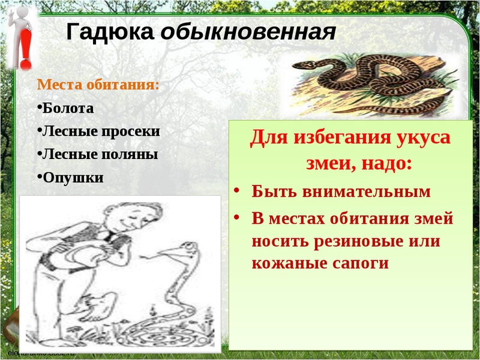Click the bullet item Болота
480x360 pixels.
click(x=68, y=108)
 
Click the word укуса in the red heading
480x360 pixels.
click(x=422, y=136)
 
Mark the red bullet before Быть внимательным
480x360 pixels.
click(x=238, y=190)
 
